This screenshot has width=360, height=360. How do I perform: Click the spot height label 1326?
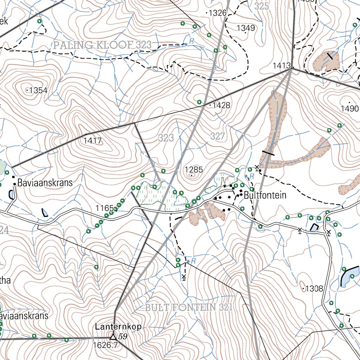pos(217,13)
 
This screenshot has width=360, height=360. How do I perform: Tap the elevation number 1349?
pos(246,28)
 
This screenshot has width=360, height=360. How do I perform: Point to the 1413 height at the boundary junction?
pos(281,66)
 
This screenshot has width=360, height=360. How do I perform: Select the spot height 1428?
pos(221,105)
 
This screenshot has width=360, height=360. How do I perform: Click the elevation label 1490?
pos(349,109)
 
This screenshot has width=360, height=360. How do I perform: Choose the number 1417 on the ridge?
pos(92,141)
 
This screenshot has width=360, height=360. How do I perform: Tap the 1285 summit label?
pos(194,170)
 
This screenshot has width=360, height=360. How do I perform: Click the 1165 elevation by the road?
pos(104,208)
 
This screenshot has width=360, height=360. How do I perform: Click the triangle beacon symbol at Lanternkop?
pos(113,337)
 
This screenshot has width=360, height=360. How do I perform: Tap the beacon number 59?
pos(123,337)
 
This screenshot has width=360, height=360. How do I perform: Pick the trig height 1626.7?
pos(105,346)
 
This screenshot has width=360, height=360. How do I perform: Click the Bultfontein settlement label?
pos(265,195)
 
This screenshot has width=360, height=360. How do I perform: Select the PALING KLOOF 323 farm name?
pos(102,45)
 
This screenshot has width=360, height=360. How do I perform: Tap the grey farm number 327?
pos(218,137)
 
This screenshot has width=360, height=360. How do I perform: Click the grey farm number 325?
pos(262,6)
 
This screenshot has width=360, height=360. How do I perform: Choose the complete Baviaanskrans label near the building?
pos(45,183)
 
